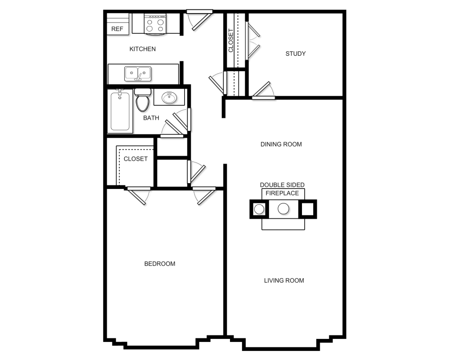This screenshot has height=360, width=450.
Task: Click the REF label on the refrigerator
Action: pos(117,29)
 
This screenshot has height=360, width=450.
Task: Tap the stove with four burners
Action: pos(155,24)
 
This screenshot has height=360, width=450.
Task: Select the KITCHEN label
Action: pos(142,49)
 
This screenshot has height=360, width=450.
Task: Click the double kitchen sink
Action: pos(138,73)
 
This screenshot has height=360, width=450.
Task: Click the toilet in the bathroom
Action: pos(143,100)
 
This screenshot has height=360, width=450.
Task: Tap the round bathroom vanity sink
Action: pos(169,98)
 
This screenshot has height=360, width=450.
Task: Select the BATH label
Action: pos(151,118)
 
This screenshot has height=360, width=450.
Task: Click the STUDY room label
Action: pos(295,54)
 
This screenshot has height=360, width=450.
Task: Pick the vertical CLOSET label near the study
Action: pos(231,40)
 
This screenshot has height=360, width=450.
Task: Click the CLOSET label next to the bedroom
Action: pos(135,159)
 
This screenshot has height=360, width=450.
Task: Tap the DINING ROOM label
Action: pos(281,144)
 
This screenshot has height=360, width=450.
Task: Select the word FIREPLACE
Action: pos(282,193)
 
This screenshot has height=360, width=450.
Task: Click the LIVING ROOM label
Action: pos(284,280)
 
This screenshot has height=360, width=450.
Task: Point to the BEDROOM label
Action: pos(160,264)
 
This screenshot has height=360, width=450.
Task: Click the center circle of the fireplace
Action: pos(283,208)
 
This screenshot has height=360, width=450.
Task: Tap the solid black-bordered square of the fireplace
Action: pos(307,209)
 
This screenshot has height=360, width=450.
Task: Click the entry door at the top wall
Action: pos(199,20)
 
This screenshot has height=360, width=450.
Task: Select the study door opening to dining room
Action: pos(263,90)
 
